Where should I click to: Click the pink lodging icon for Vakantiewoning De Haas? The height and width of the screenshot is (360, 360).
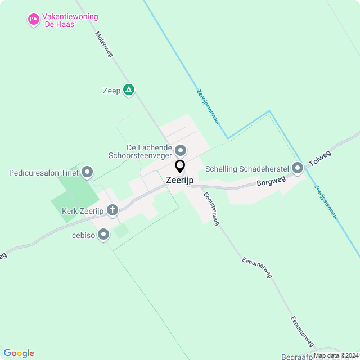(33, 20)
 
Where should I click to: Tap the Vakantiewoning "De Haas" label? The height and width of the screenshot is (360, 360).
(62, 20)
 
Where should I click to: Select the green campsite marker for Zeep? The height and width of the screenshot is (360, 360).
(129, 89)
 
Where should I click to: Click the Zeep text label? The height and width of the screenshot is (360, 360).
(111, 90)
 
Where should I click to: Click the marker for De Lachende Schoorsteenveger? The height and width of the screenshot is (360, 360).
(181, 150)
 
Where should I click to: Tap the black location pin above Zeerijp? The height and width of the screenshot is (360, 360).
(180, 166)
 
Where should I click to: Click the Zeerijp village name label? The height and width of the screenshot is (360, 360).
(180, 181)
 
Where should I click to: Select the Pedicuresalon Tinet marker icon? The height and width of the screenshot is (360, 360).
(87, 172)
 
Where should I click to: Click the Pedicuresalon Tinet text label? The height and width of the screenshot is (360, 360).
(44, 172)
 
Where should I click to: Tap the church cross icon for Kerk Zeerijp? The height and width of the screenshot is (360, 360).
(112, 211)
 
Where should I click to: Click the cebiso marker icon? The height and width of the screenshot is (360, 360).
(103, 235)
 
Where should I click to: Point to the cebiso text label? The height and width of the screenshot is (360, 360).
(83, 235)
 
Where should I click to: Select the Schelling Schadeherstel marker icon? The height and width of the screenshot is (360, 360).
(298, 168)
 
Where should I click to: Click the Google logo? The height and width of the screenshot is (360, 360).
(18, 353)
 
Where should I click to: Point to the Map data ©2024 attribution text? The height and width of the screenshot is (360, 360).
(336, 355)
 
